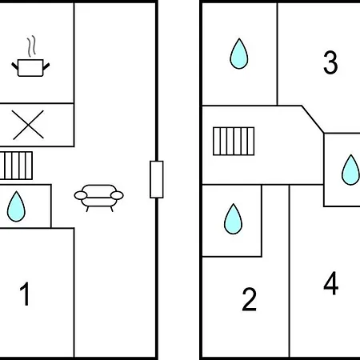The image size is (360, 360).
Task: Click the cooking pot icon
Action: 30,68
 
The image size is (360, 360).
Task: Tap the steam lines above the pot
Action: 32,46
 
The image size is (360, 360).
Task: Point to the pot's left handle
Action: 15,66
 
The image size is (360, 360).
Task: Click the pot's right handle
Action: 46,66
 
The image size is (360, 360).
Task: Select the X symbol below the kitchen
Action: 28,125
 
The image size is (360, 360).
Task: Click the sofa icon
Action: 98,198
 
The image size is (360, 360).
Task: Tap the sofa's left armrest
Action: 81,195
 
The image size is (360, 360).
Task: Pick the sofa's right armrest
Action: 117,195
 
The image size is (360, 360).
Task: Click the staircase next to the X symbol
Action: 16,166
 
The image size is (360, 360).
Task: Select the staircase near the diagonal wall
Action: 234,141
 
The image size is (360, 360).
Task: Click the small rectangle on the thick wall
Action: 157,179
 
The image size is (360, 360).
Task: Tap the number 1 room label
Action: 25,294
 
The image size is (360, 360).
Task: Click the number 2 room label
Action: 249,299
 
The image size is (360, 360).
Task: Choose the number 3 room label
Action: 330,62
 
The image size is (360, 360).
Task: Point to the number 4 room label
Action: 331,283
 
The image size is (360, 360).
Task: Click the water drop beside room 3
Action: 239,54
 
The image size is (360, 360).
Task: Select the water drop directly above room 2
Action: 234,219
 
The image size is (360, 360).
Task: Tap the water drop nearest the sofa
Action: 16,206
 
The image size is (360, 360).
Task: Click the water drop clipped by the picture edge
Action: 350,170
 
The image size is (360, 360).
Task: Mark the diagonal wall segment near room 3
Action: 313,119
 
